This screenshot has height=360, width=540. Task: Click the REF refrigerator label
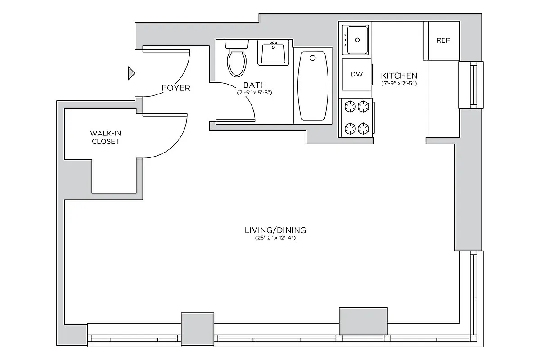click(443, 40)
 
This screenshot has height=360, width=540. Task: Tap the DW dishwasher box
click(356, 75)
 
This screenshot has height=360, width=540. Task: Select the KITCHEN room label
click(399, 76)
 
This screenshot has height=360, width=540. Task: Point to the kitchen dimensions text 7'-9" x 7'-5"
click(399, 84)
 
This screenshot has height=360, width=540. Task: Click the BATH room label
click(255, 85)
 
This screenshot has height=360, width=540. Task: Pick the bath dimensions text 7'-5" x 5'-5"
click(255, 93)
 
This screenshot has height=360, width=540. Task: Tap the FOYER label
click(176, 88)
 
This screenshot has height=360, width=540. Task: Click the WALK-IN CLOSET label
click(105, 137)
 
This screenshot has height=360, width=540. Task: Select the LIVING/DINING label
click(275, 230)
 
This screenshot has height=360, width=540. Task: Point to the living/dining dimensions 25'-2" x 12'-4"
click(275, 238)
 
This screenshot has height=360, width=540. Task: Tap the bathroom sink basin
click(273, 54)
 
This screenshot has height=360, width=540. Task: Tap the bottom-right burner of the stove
click(364, 129)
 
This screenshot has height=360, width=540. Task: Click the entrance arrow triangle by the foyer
click(131, 73)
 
